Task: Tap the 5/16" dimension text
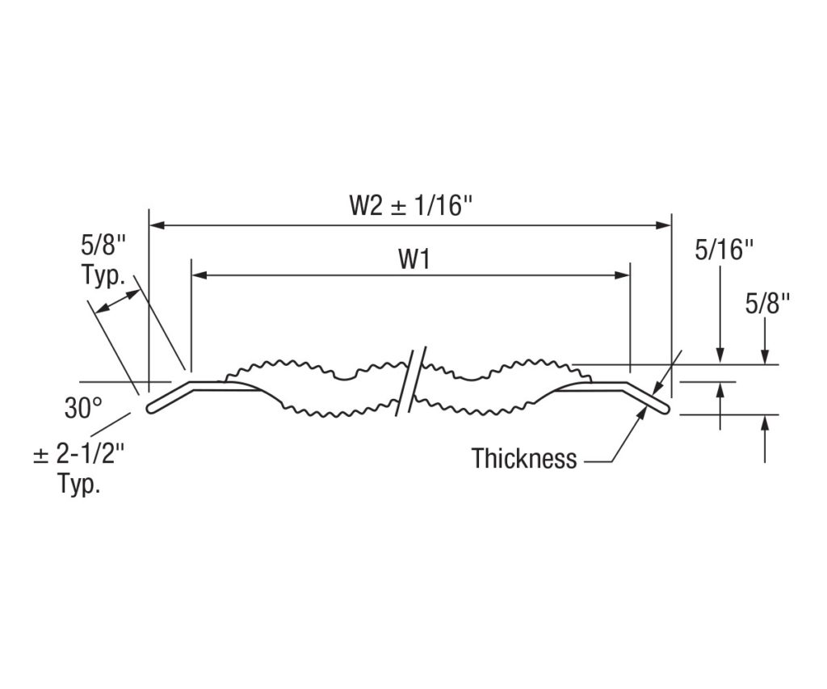(724, 250)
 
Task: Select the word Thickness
(524, 459)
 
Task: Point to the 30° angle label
(83, 409)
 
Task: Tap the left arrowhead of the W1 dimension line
(199, 275)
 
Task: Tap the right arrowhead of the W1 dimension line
(623, 275)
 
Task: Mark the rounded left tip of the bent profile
(151, 409)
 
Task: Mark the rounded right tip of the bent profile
(665, 409)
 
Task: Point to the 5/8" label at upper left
(103, 245)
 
